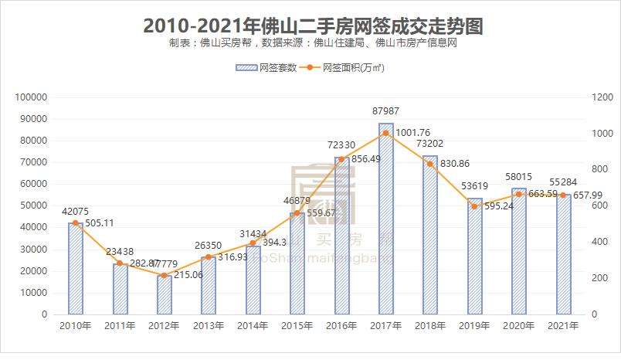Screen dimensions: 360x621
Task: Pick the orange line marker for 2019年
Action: (474, 206)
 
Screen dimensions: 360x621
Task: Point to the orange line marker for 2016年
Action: (341, 159)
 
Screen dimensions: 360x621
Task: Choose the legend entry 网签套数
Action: (267, 68)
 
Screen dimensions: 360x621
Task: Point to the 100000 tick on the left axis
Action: (32, 97)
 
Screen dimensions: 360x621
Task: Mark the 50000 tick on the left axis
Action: (34, 206)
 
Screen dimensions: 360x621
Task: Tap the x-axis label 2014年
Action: (254, 327)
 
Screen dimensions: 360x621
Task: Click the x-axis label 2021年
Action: (563, 327)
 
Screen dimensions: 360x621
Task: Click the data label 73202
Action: (429, 144)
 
